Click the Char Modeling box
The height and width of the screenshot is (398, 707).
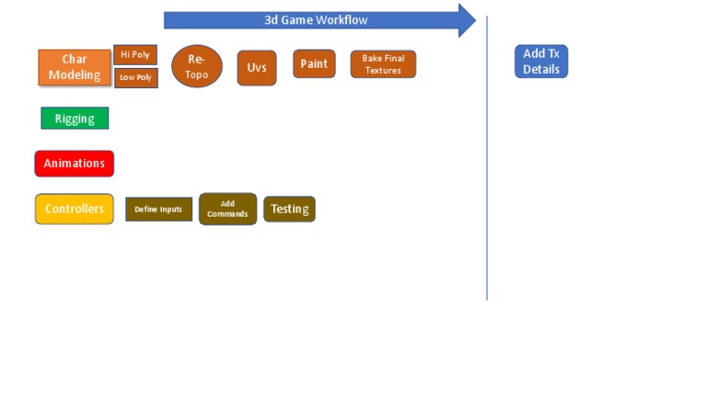click(75, 67)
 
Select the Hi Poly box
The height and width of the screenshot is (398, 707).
click(135, 55)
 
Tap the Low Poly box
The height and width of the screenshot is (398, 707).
click(135, 78)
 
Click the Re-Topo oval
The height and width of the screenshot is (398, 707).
click(196, 66)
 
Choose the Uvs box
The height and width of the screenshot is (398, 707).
click(257, 68)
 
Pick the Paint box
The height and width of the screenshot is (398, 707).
click(314, 63)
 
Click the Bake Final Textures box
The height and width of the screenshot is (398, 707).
click(383, 64)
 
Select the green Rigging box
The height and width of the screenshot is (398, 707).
click(75, 119)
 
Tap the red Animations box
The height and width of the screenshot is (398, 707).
click(75, 164)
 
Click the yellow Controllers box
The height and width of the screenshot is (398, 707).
click(75, 209)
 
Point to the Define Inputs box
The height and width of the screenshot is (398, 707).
click(159, 210)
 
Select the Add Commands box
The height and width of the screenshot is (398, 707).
click(227, 209)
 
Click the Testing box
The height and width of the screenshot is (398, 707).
click(289, 209)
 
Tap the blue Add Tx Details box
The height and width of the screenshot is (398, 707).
click(541, 62)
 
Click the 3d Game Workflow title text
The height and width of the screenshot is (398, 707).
click(317, 20)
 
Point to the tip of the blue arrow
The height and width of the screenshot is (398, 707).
click(475, 20)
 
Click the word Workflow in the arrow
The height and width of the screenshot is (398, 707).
click(342, 20)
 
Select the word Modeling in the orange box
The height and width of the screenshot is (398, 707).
click(75, 75)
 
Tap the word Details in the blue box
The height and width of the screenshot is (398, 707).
click(541, 69)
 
